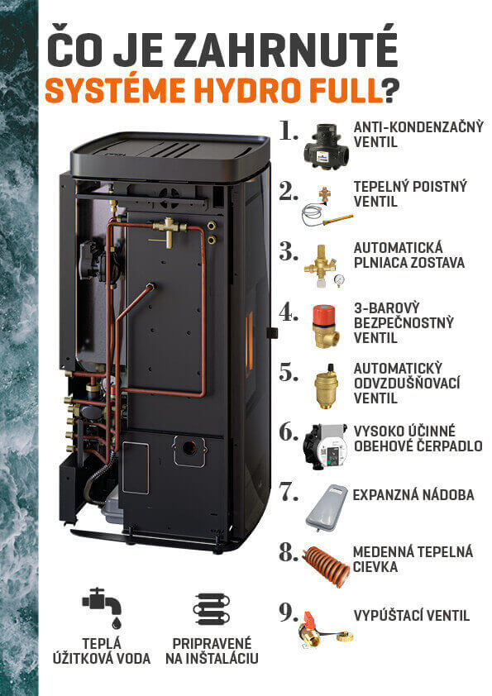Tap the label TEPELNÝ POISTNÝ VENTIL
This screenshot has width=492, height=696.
click(399, 193)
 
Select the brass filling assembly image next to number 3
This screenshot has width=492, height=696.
click(324, 264)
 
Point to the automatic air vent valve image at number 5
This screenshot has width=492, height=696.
click(325, 384)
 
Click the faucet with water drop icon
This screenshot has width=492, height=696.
click(103, 608)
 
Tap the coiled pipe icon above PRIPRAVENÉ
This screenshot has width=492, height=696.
click(212, 609)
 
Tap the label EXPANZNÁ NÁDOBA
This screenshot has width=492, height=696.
click(413, 495)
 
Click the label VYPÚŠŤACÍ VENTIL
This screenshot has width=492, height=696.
click(411, 616)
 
